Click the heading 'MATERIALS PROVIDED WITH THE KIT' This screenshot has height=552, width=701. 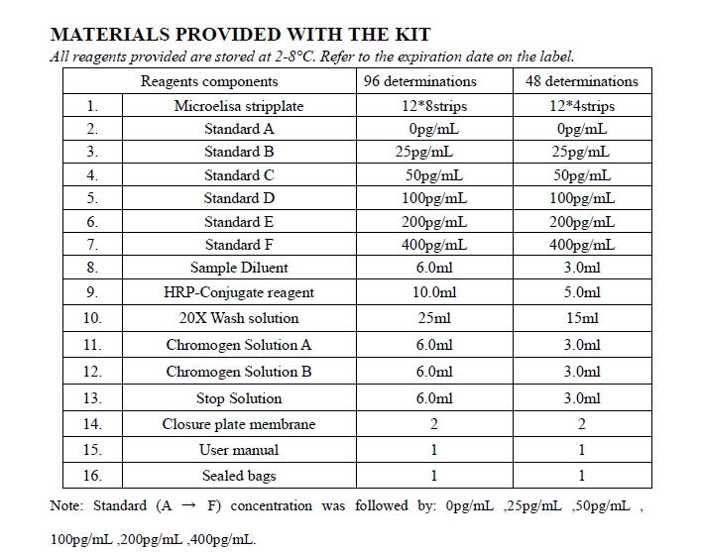(226, 35)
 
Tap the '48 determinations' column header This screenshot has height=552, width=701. (582, 81)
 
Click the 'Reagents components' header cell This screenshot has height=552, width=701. (209, 81)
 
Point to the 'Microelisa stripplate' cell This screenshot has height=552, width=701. (239, 106)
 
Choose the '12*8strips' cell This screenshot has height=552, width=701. (432, 106)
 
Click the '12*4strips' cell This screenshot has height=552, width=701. (582, 106)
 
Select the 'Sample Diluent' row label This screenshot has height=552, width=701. (239, 268)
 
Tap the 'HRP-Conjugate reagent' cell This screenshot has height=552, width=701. (239, 292)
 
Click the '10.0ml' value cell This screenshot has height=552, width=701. (433, 292)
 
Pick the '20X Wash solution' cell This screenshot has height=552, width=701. (239, 318)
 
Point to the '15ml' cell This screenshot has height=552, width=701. (582, 318)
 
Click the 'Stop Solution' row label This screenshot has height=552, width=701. (239, 398)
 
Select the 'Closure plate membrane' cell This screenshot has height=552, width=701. (239, 424)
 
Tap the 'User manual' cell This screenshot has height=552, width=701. (239, 450)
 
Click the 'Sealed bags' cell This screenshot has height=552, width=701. (239, 476)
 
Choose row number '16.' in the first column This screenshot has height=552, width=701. (92, 476)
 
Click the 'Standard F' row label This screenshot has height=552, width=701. (239, 245)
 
